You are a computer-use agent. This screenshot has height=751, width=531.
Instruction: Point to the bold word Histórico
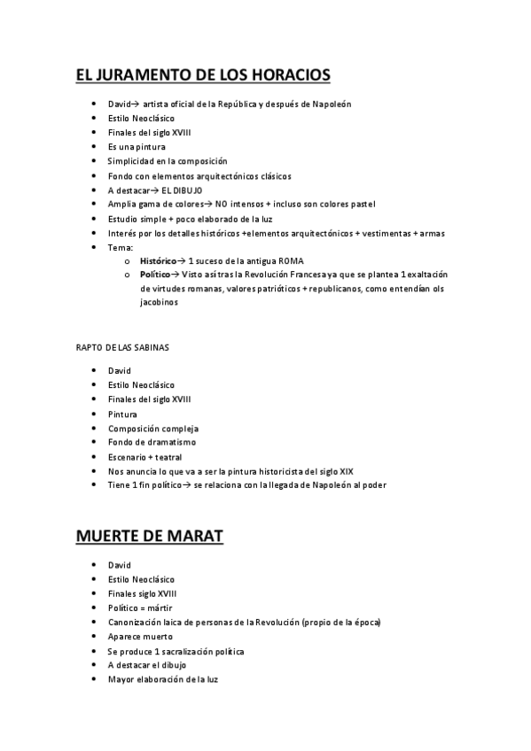158,262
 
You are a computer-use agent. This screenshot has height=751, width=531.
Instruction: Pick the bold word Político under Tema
155,275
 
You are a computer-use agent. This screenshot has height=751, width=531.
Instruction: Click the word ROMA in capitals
292,262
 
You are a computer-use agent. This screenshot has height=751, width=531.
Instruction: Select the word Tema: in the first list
120,248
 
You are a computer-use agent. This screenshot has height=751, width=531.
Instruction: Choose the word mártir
160,608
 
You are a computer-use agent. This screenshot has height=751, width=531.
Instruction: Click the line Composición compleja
146,429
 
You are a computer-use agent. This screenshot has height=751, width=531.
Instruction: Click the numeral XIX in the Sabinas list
358,471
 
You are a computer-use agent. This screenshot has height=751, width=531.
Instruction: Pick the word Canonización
136,623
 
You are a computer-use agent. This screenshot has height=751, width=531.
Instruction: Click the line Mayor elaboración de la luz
162,680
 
